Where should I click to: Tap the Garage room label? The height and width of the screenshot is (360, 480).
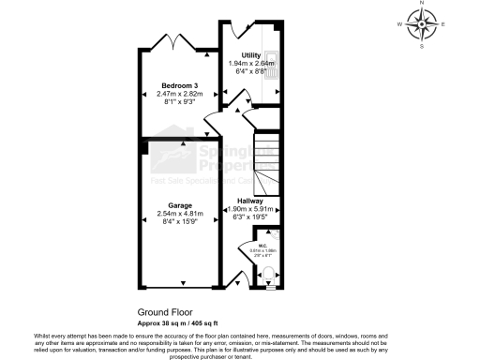pos(180,205)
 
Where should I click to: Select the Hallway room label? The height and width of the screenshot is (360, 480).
pos(249,201)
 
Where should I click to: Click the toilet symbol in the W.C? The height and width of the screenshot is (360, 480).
pos(269,275)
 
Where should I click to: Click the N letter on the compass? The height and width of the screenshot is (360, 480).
pos(422,4)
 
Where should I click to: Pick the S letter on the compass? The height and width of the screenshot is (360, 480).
pos(422,44)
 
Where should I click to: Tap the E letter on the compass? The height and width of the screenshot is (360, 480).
pos(442,24)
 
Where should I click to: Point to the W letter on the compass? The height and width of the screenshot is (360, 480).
pos(400,24)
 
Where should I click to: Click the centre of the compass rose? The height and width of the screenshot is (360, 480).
pos(422,24)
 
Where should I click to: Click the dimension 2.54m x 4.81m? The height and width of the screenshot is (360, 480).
pos(180,213)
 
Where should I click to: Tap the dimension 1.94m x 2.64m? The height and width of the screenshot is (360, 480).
pos(250,64)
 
